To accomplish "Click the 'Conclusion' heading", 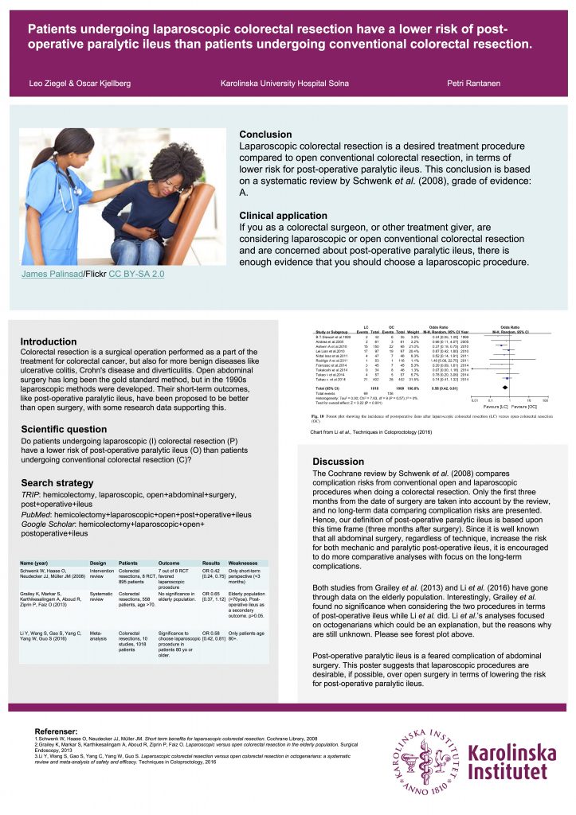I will pyautogui.click(x=265, y=135).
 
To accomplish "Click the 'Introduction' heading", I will pyautogui.click(x=49, y=341).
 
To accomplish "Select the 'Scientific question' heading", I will pyautogui.click(x=64, y=429).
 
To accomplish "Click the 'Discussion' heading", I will pyautogui.click(x=338, y=462).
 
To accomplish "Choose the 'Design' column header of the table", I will pyautogui.click(x=98, y=563).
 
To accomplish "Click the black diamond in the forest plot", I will pyautogui.click(x=505, y=388).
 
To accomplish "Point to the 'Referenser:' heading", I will pyautogui.click(x=57, y=731).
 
